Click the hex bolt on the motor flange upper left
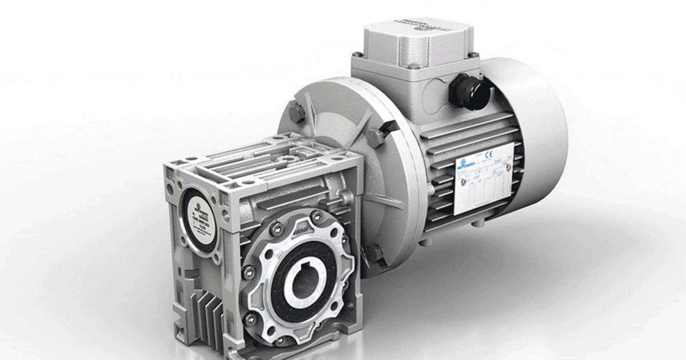(x=296, y=113)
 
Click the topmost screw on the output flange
(x=316, y=215)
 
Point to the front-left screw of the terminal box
(x=358, y=55)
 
